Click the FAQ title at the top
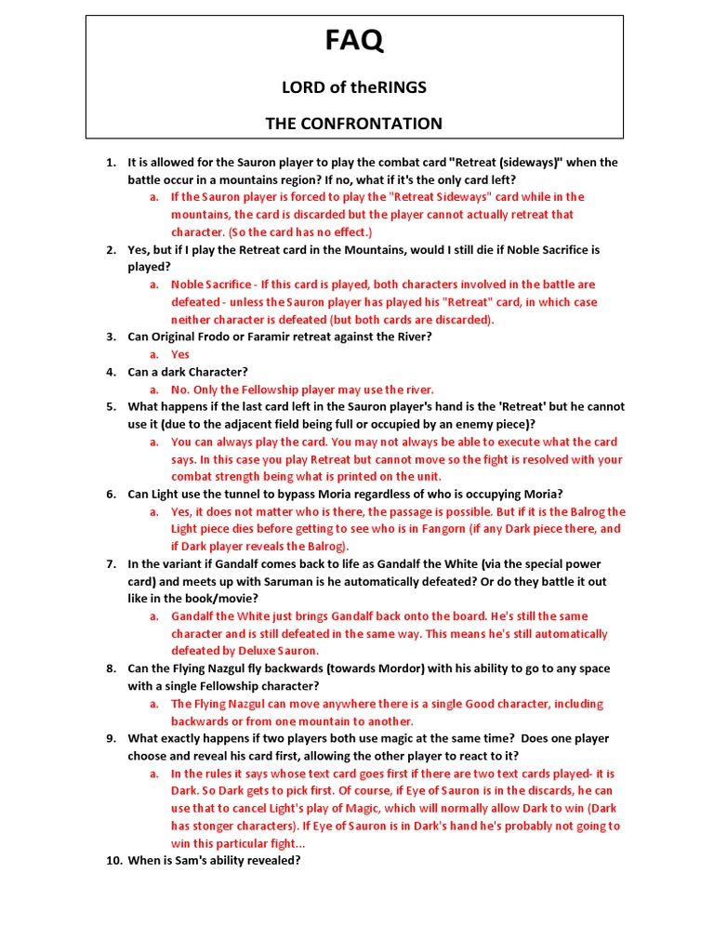[353, 41]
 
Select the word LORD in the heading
[300, 87]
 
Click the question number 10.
[112, 861]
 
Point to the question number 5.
[110, 407]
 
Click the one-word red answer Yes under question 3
[180, 354]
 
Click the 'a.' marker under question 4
[154, 390]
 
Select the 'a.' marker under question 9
[154, 773]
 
